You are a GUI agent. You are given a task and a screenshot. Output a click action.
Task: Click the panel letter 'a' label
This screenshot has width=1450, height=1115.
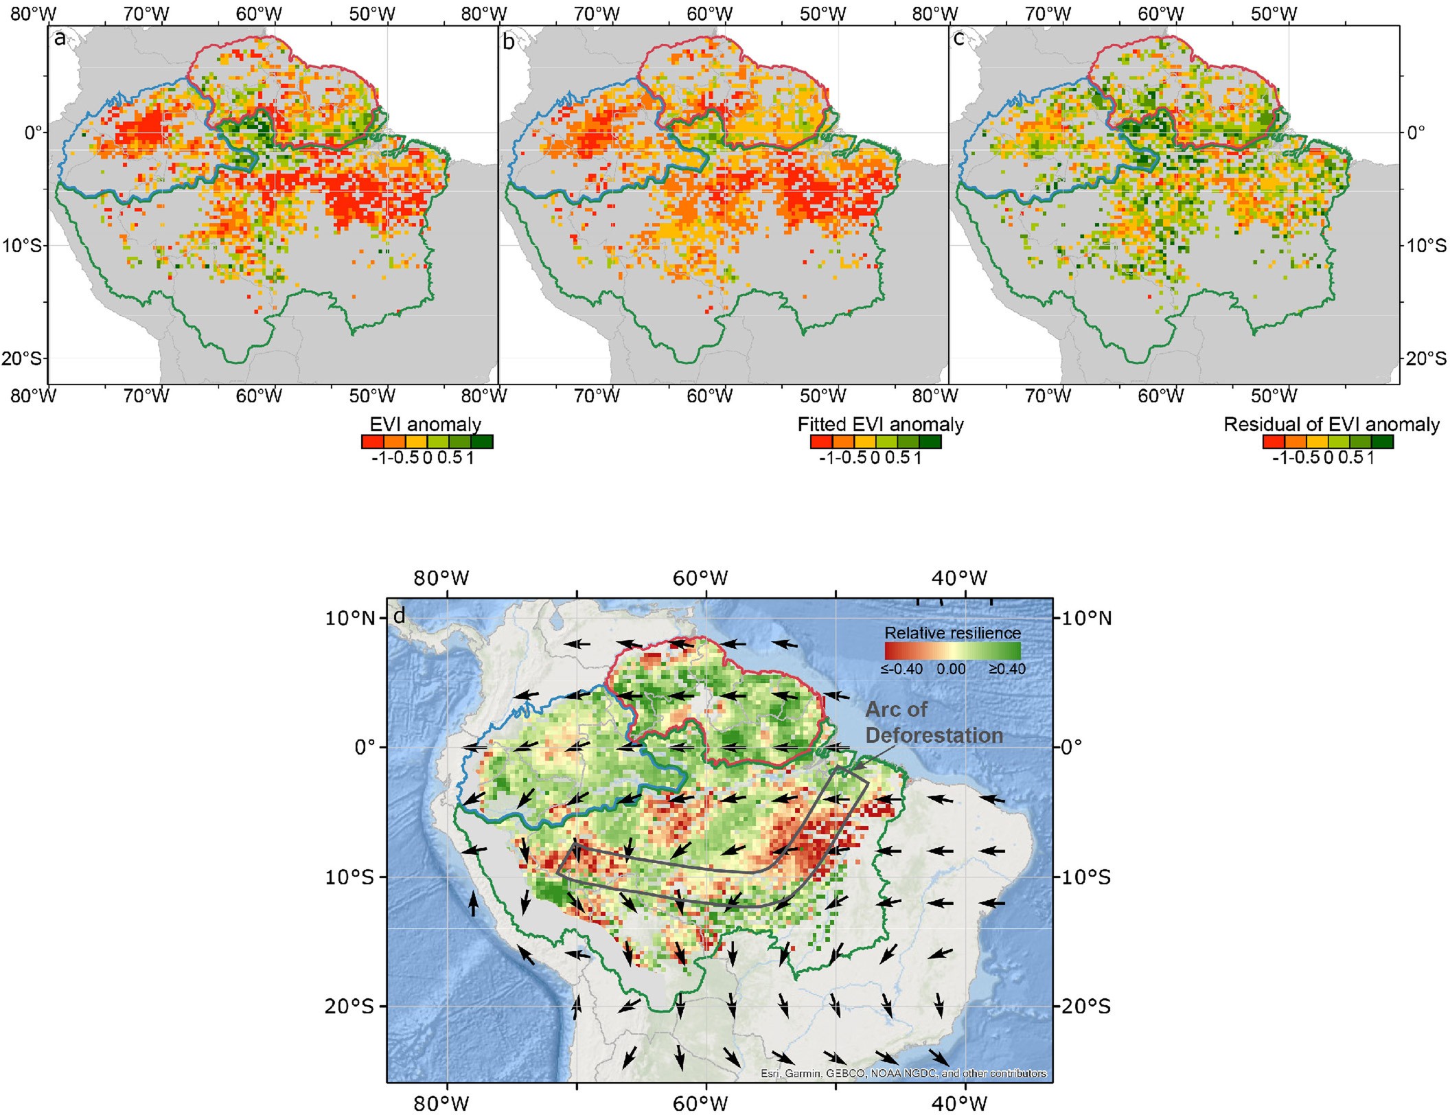pyautogui.click(x=60, y=39)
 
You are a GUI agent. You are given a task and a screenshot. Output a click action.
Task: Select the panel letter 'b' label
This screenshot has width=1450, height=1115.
pyautogui.click(x=509, y=43)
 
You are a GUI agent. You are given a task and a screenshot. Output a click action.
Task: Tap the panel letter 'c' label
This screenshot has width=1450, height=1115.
pyautogui.click(x=959, y=39)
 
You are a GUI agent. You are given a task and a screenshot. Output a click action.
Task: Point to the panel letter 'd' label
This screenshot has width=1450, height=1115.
pyautogui.click(x=398, y=616)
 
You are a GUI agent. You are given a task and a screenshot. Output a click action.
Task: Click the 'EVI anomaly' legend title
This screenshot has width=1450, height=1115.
pyautogui.click(x=425, y=424)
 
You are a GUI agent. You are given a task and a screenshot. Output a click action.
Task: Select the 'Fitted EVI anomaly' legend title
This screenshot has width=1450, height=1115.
pyautogui.click(x=880, y=424)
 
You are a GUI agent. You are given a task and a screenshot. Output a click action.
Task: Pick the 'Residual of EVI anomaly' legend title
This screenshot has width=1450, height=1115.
pyautogui.click(x=1331, y=424)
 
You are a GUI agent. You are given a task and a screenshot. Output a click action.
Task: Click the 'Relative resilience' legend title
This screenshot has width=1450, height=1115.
pyautogui.click(x=952, y=632)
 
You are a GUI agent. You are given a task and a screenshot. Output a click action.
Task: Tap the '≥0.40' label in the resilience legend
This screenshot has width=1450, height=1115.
pyautogui.click(x=1006, y=669)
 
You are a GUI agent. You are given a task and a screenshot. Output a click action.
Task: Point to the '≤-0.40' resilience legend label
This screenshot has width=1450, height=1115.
pyautogui.click(x=901, y=669)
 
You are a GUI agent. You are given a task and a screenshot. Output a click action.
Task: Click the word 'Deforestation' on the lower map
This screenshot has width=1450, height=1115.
pyautogui.click(x=934, y=735)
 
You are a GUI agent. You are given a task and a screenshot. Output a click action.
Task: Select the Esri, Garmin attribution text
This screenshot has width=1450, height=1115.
pyautogui.click(x=903, y=1073)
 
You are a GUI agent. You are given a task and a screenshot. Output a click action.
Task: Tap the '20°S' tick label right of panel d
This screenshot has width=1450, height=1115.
pyautogui.click(x=1085, y=1007)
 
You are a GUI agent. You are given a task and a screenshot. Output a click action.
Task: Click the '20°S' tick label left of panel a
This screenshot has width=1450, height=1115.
pyautogui.click(x=23, y=358)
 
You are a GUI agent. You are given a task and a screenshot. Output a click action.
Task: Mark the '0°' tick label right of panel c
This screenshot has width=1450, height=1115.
pyautogui.click(x=1416, y=133)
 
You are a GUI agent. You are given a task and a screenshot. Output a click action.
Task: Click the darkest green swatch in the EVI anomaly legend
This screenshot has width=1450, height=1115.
pyautogui.click(x=482, y=441)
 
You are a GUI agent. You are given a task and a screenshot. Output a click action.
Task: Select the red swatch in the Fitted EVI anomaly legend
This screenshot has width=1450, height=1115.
pyautogui.click(x=821, y=441)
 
